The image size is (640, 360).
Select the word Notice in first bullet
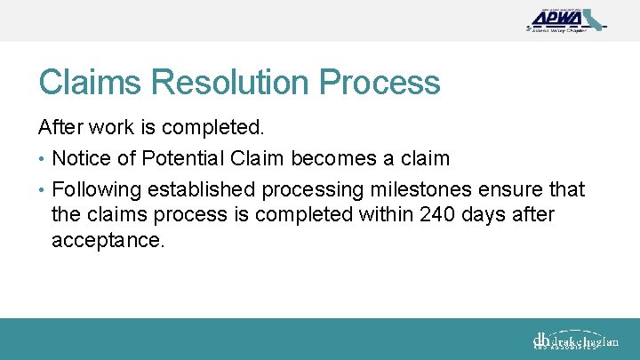tap(82, 158)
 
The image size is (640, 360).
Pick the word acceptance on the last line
tap(108, 240)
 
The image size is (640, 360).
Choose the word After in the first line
tap(58, 128)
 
